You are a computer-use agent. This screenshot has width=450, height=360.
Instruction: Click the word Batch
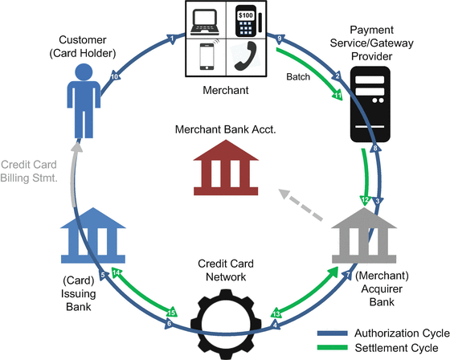click(x=298, y=77)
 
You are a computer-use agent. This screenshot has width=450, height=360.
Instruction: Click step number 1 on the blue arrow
click(x=172, y=37)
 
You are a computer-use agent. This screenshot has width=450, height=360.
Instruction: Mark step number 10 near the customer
click(x=115, y=76)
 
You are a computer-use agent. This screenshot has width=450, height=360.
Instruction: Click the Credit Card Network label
click(x=224, y=270)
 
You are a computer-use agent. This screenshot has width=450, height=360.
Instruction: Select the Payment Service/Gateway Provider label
click(x=370, y=42)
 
